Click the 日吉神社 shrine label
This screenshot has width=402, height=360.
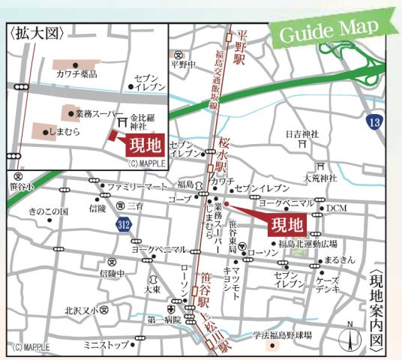302,134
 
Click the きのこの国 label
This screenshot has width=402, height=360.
49,211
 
